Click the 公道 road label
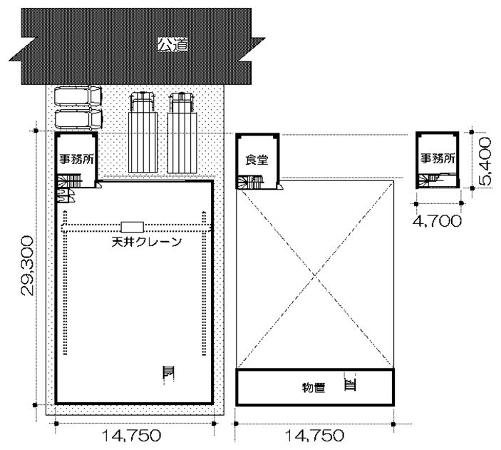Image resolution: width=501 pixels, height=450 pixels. tap(172, 44)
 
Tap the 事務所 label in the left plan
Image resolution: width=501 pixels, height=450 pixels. tap(76, 159)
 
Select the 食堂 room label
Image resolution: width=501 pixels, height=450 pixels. tap(257, 159)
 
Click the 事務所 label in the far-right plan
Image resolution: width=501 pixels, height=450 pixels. tap(438, 158)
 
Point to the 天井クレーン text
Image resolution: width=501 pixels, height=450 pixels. tap(147, 242)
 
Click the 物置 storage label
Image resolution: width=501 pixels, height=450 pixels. tap(314, 388)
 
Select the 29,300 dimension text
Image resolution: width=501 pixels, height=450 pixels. tap(27, 266)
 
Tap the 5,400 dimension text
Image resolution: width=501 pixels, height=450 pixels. tap(485, 161)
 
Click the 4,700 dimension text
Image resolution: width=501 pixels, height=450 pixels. tap(437, 221)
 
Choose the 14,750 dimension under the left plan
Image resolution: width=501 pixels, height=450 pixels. tap(131, 436)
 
